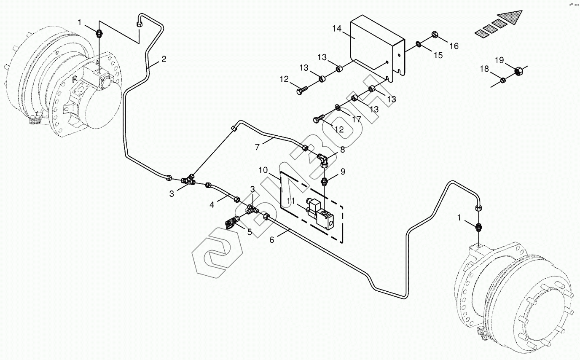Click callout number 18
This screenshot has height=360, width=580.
(484, 68)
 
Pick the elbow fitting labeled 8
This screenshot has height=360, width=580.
(323, 159)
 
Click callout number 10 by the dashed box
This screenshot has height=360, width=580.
(263, 170)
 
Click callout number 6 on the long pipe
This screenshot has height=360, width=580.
(272, 239)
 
